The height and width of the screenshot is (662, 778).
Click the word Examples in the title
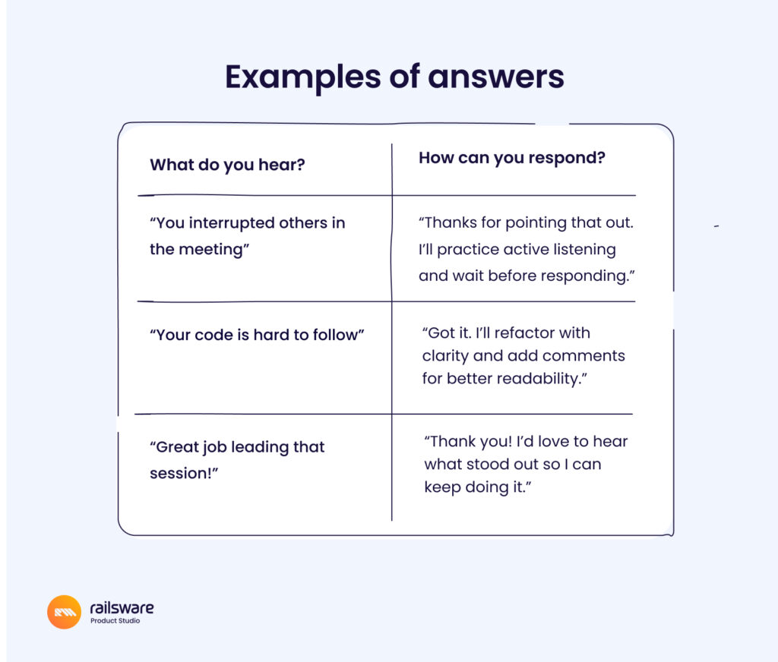pos(302,77)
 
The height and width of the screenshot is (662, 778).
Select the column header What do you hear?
pos(227,165)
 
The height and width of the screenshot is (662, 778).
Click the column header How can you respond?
pos(512,158)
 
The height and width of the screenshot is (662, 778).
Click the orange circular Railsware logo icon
pos(64,612)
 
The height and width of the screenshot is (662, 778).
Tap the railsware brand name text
pos(122,608)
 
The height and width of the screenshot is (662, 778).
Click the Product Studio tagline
pos(115,621)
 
